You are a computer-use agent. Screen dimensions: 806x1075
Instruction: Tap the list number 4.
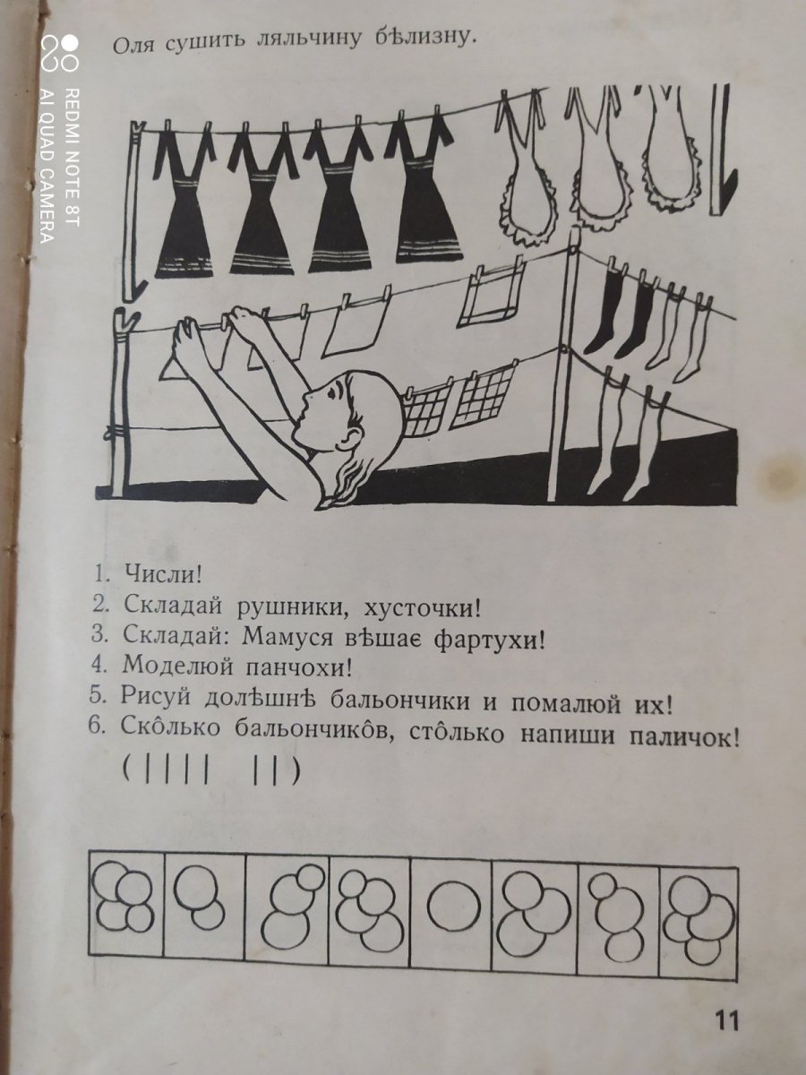pyautogui.click(x=97, y=665)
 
